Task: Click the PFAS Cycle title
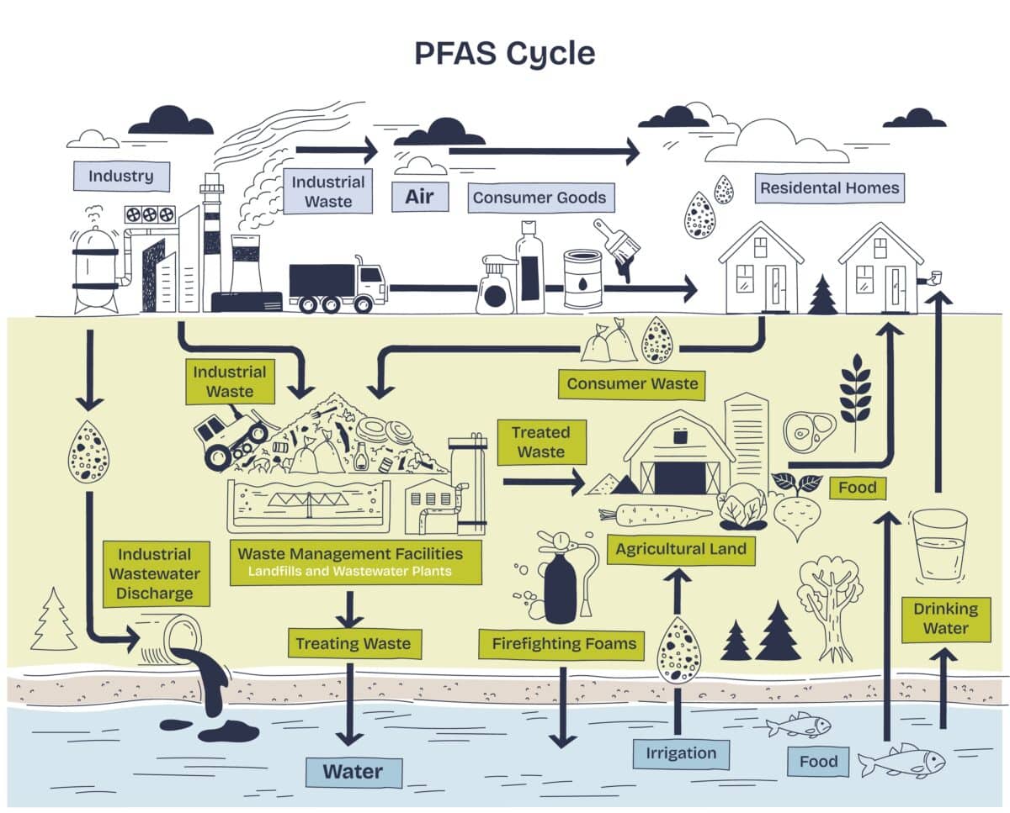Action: (x=504, y=53)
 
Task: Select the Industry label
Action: (x=121, y=177)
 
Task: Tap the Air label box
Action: (x=420, y=197)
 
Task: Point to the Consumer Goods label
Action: (x=539, y=198)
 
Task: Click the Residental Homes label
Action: (x=829, y=188)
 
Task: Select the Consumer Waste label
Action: (x=632, y=384)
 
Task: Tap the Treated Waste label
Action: (x=541, y=442)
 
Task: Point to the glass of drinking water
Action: (x=939, y=543)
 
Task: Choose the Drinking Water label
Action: (x=946, y=619)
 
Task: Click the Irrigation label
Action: (x=680, y=753)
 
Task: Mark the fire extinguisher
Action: (x=559, y=579)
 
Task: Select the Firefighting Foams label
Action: (x=562, y=645)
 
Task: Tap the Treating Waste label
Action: (x=353, y=644)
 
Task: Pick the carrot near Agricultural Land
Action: (x=655, y=515)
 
